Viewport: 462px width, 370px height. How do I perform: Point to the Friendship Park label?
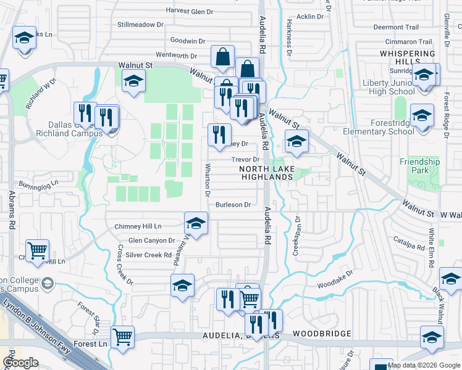point(419,166)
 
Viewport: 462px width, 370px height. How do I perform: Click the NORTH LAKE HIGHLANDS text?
point(266,173)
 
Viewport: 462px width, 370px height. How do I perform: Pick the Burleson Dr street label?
point(233,205)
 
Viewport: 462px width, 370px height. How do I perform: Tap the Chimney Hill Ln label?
point(138,226)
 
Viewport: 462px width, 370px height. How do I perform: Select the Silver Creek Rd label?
point(148,255)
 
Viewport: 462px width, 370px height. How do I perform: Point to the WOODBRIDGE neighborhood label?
point(322,334)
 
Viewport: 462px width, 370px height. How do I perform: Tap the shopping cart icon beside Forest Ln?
point(124,337)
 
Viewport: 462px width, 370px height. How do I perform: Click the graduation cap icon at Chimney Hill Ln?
point(196,223)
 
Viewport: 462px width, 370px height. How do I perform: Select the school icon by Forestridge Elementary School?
point(422,115)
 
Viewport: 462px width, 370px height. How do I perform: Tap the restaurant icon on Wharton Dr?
point(219,135)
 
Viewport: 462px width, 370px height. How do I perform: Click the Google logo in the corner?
point(20,363)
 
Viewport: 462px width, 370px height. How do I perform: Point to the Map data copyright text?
point(424,365)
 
